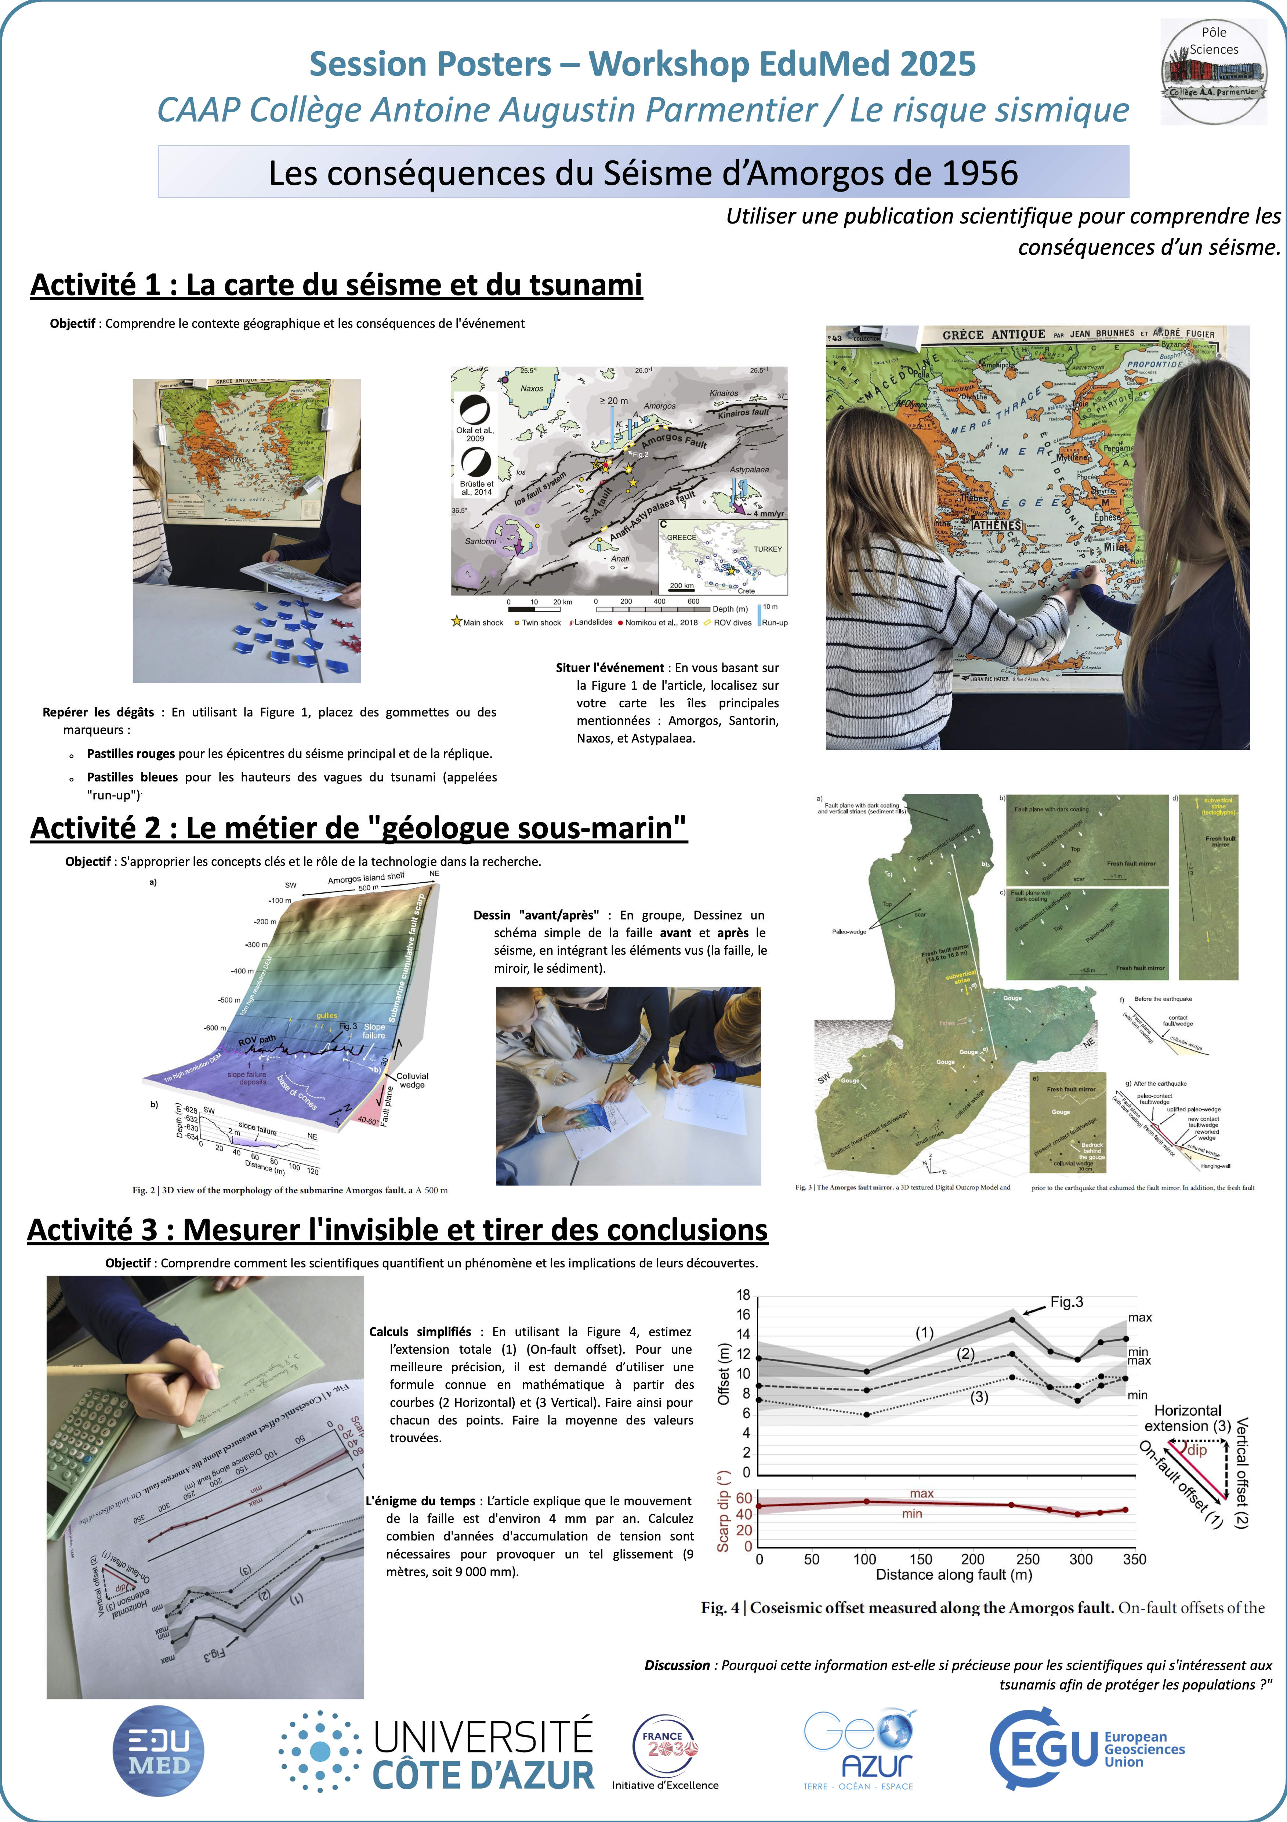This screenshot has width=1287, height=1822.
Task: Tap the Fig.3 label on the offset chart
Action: point(1066,1302)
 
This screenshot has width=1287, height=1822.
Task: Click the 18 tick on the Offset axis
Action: point(743,1295)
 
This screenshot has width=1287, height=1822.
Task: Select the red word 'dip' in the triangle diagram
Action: point(1197,1450)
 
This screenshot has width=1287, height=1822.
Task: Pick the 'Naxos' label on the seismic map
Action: point(532,389)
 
